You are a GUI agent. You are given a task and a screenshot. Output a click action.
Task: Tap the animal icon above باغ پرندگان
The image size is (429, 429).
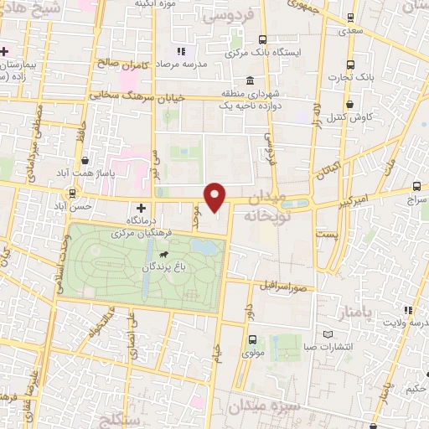(x=159, y=253)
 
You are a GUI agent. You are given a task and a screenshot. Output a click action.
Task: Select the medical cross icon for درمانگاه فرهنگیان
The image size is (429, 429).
(x=141, y=207)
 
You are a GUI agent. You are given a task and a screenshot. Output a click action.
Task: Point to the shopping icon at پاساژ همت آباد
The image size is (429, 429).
(x=86, y=159)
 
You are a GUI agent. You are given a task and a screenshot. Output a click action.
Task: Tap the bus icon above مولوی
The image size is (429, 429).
(x=252, y=340)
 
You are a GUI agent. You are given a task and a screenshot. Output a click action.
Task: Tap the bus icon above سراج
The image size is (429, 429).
(x=417, y=187)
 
